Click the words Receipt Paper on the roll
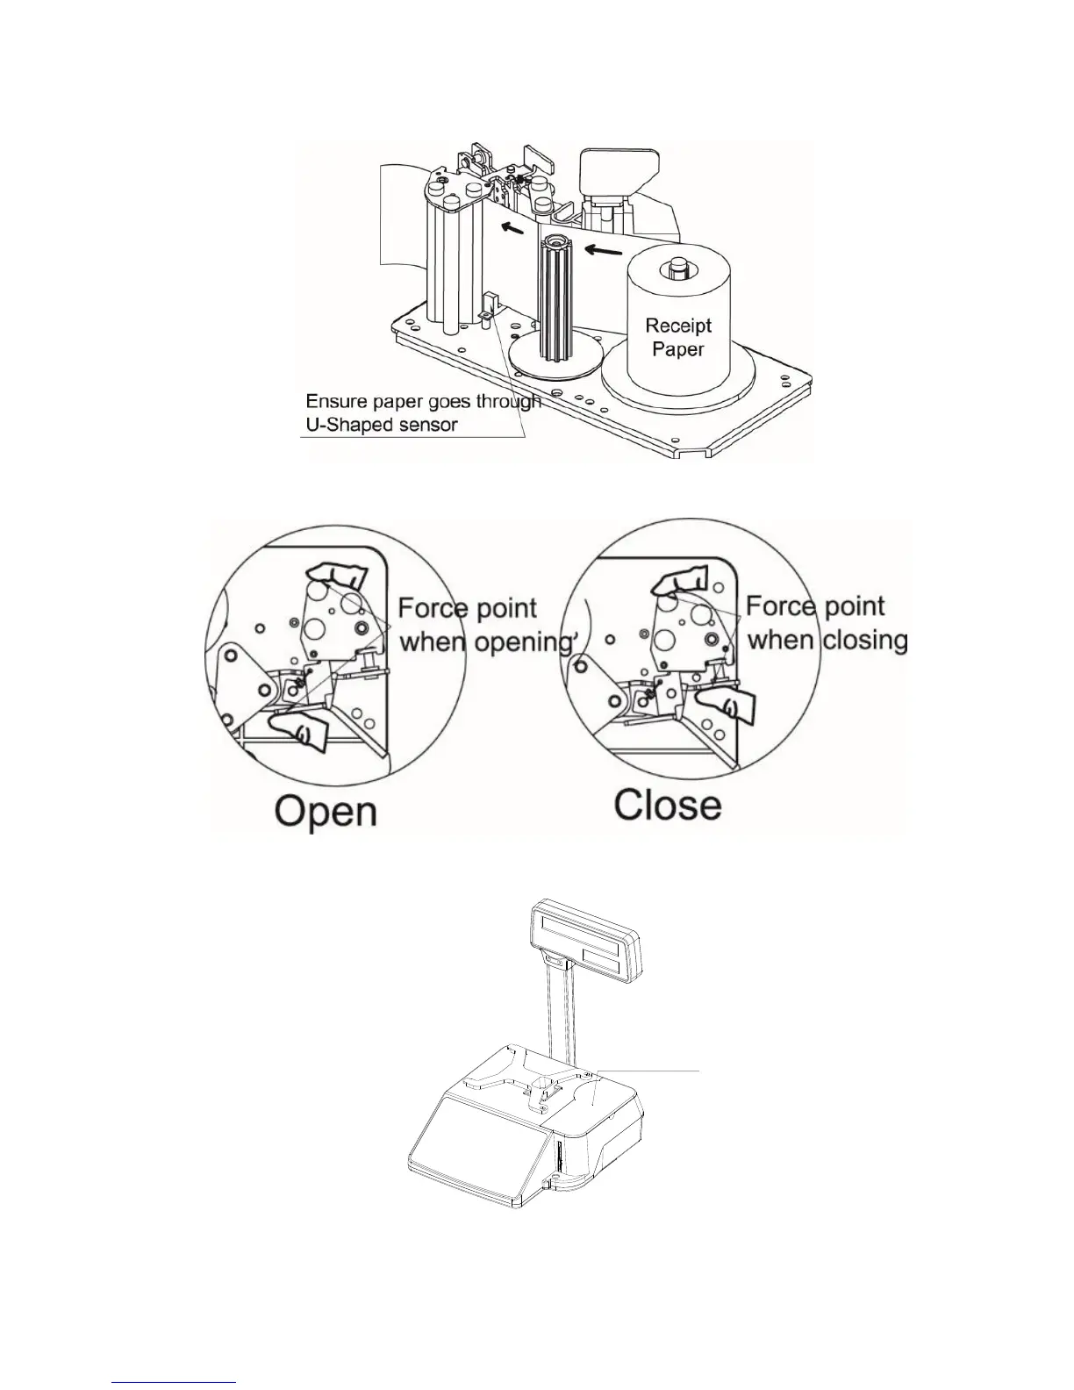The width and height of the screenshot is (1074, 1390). [x=678, y=337]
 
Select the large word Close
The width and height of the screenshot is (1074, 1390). [x=668, y=805]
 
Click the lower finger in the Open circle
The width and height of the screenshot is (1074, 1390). [x=298, y=728]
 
